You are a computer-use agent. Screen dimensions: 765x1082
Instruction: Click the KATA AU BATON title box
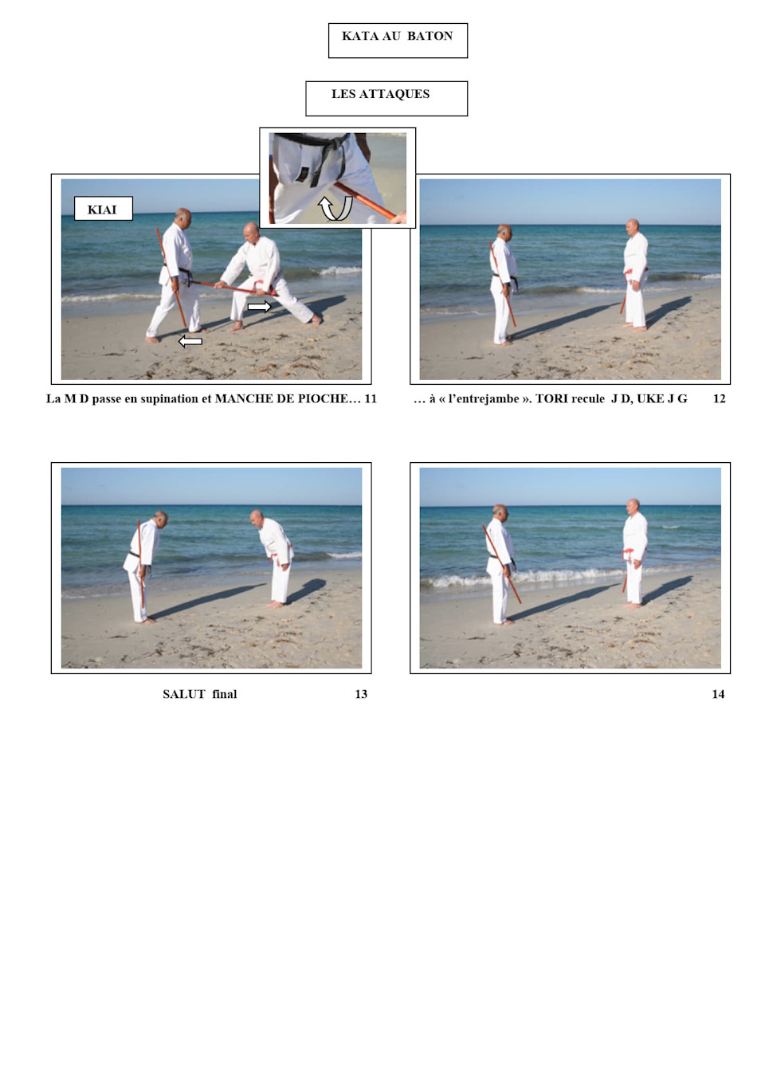pyautogui.click(x=398, y=41)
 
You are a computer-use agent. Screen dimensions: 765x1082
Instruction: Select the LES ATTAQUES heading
pyautogui.click(x=380, y=94)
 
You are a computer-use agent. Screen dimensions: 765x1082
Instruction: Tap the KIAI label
pyautogui.click(x=103, y=209)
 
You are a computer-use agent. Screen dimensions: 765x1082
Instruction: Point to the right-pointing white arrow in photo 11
pyautogui.click(x=259, y=306)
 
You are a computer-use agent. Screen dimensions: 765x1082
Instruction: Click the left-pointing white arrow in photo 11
pyautogui.click(x=190, y=341)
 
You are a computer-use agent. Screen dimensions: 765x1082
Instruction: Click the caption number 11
pyautogui.click(x=371, y=398)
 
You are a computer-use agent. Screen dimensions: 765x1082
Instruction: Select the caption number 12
pyautogui.click(x=719, y=398)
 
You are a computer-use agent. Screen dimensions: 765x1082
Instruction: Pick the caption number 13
pyautogui.click(x=361, y=694)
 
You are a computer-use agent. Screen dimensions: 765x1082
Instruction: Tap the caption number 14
pyautogui.click(x=718, y=694)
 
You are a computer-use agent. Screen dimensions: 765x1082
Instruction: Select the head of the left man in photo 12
pyautogui.click(x=504, y=232)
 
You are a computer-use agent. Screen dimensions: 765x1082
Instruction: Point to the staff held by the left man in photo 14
pyautogui.click(x=502, y=564)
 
